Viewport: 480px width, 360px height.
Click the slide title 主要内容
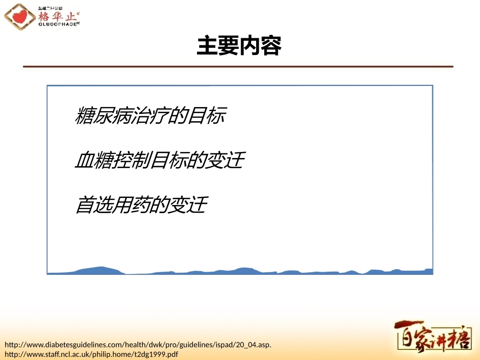point(238,46)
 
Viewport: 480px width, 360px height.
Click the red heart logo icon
point(20,17)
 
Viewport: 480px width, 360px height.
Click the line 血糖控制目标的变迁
point(160,161)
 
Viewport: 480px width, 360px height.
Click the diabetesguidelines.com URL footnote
point(138,345)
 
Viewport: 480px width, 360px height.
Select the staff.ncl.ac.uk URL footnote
point(91,354)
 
